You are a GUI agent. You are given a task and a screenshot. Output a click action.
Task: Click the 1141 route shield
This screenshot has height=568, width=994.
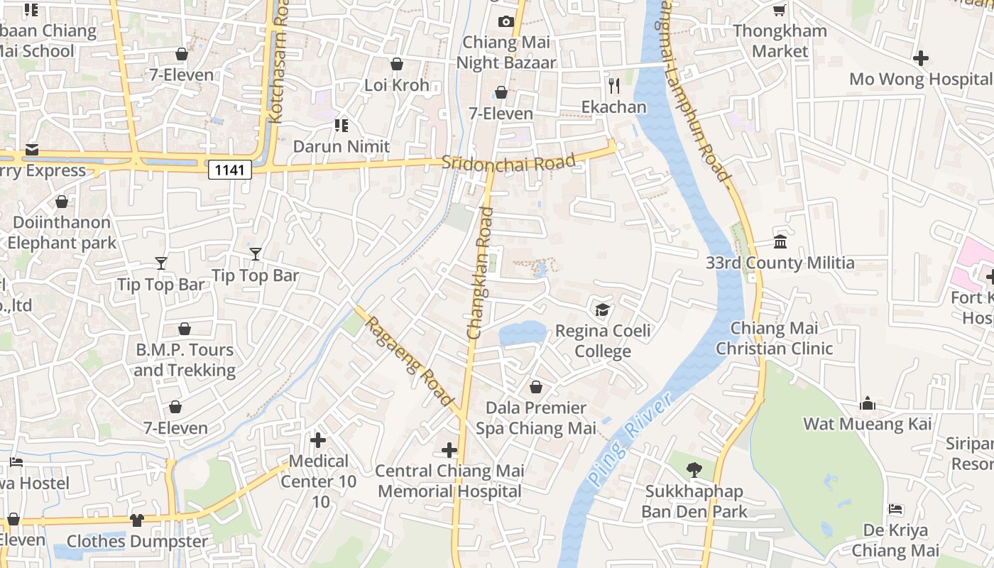(x=230, y=169)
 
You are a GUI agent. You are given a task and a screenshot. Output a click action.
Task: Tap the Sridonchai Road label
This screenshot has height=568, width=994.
(x=508, y=163)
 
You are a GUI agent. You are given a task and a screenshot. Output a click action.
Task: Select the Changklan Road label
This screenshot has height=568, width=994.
(x=480, y=273)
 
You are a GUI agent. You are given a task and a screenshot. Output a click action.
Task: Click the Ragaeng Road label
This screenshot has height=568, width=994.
(x=410, y=361)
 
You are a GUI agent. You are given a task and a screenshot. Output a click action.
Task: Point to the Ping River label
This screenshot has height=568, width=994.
(x=630, y=440)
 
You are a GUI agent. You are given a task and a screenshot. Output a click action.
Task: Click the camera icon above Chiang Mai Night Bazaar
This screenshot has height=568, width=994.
(x=506, y=21)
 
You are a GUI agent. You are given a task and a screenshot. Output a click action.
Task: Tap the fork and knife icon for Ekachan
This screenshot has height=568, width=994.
(x=614, y=86)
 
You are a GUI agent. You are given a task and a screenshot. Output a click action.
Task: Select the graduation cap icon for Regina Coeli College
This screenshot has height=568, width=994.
(x=602, y=310)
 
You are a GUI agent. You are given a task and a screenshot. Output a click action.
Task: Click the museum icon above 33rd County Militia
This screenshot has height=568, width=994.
(x=780, y=241)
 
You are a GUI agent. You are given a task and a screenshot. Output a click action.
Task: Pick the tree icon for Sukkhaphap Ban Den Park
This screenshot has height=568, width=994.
(x=694, y=469)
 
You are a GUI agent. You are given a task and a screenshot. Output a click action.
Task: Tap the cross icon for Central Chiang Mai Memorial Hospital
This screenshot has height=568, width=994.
(x=449, y=449)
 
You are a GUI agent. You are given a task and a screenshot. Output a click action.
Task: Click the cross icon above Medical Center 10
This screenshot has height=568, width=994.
(x=318, y=440)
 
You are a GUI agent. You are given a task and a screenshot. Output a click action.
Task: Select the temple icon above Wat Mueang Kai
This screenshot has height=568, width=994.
(x=867, y=403)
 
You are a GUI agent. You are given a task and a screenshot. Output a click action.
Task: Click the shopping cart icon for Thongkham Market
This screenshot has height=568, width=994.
(x=780, y=9)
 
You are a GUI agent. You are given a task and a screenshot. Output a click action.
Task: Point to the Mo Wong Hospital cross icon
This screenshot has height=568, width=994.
(x=921, y=58)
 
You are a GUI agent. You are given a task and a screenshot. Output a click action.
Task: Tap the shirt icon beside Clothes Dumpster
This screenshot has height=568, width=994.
(x=137, y=520)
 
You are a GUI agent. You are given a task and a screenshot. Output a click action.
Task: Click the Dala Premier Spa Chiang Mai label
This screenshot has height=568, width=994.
(x=536, y=418)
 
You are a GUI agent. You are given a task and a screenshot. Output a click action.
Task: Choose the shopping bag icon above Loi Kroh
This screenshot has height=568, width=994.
(x=397, y=64)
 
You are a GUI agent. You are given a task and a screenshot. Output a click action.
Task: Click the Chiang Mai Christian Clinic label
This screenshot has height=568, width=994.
(x=774, y=339)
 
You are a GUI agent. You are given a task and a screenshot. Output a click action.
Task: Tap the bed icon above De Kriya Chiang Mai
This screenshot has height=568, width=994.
(x=895, y=509)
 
